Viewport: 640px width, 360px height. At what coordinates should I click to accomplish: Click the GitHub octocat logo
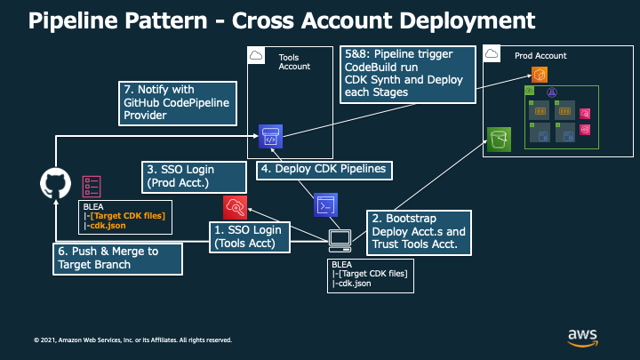tap(55, 183)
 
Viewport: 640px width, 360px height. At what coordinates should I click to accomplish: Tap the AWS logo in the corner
tap(582, 338)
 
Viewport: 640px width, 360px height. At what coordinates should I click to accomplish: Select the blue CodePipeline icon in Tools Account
tap(270, 136)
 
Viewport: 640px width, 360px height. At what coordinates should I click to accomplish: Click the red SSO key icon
tap(235, 207)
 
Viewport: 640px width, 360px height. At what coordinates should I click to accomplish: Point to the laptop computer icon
tap(340, 241)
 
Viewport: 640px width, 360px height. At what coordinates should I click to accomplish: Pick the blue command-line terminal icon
tap(325, 205)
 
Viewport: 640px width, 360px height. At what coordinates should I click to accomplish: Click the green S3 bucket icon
tap(499, 140)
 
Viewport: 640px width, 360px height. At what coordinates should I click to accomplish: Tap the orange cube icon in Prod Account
tap(540, 75)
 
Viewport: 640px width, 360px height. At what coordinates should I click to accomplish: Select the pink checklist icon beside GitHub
tap(92, 187)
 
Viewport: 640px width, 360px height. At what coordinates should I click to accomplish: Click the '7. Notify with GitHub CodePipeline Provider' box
tap(178, 103)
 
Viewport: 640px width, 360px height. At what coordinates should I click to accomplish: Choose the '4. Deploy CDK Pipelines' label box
tap(324, 170)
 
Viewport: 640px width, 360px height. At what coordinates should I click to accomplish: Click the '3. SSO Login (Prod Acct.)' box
tap(194, 177)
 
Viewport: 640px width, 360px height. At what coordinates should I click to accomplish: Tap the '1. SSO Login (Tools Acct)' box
tap(250, 237)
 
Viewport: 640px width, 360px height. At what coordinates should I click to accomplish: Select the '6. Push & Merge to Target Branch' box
tap(117, 259)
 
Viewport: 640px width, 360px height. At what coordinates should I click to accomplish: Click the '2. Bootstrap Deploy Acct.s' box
tap(419, 233)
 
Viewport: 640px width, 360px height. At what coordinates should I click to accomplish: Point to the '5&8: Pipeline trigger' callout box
tap(408, 75)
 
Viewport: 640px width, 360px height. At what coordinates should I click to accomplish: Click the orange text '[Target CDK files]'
tap(128, 216)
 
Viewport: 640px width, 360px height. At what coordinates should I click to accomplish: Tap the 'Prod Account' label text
tap(540, 56)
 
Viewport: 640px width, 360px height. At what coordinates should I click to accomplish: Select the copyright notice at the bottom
tap(132, 340)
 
